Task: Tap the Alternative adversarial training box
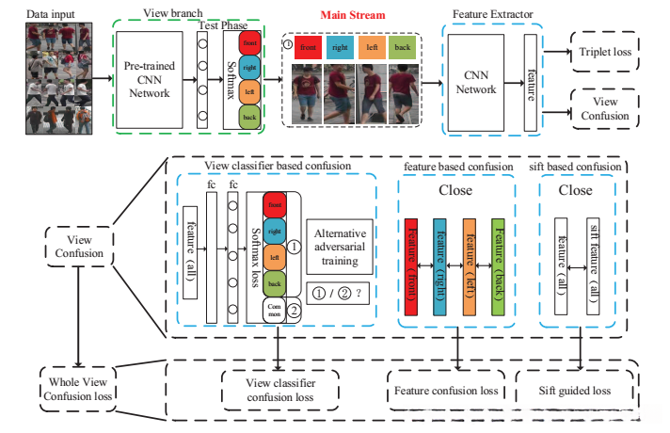341,242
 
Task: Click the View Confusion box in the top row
604,108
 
